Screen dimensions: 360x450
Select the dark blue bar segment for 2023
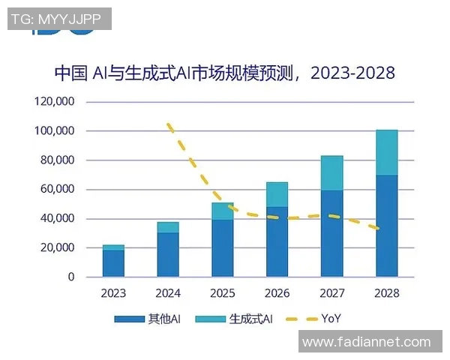(x=114, y=263)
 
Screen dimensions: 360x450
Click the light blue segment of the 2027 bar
(x=332, y=173)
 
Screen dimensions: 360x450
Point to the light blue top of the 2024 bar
(x=169, y=227)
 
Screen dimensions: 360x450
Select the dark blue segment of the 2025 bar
(x=223, y=248)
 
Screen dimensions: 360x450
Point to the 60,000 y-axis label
(x=57, y=190)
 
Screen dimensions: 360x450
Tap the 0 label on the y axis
(x=71, y=277)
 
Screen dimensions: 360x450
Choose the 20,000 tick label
(x=57, y=248)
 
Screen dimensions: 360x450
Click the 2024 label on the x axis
(x=169, y=293)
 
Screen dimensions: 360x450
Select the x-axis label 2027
(x=332, y=293)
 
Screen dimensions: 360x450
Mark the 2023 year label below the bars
(x=114, y=293)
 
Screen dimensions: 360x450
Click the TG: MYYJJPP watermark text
(x=58, y=19)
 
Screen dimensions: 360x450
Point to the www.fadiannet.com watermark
(x=367, y=343)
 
